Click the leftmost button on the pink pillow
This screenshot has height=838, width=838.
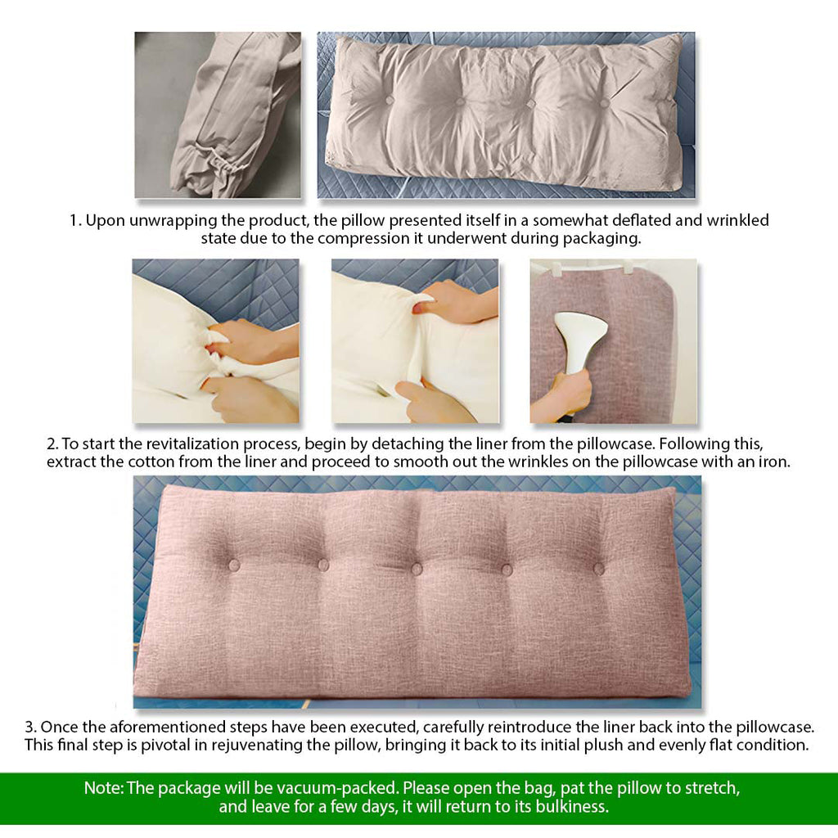click(x=234, y=565)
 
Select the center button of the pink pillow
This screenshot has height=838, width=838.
click(x=417, y=569)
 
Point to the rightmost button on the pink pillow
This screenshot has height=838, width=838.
click(x=598, y=568)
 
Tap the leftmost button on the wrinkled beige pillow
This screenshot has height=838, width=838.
click(x=389, y=101)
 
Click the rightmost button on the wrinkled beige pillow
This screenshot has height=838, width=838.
click(x=605, y=102)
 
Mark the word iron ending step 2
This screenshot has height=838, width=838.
click(x=773, y=462)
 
